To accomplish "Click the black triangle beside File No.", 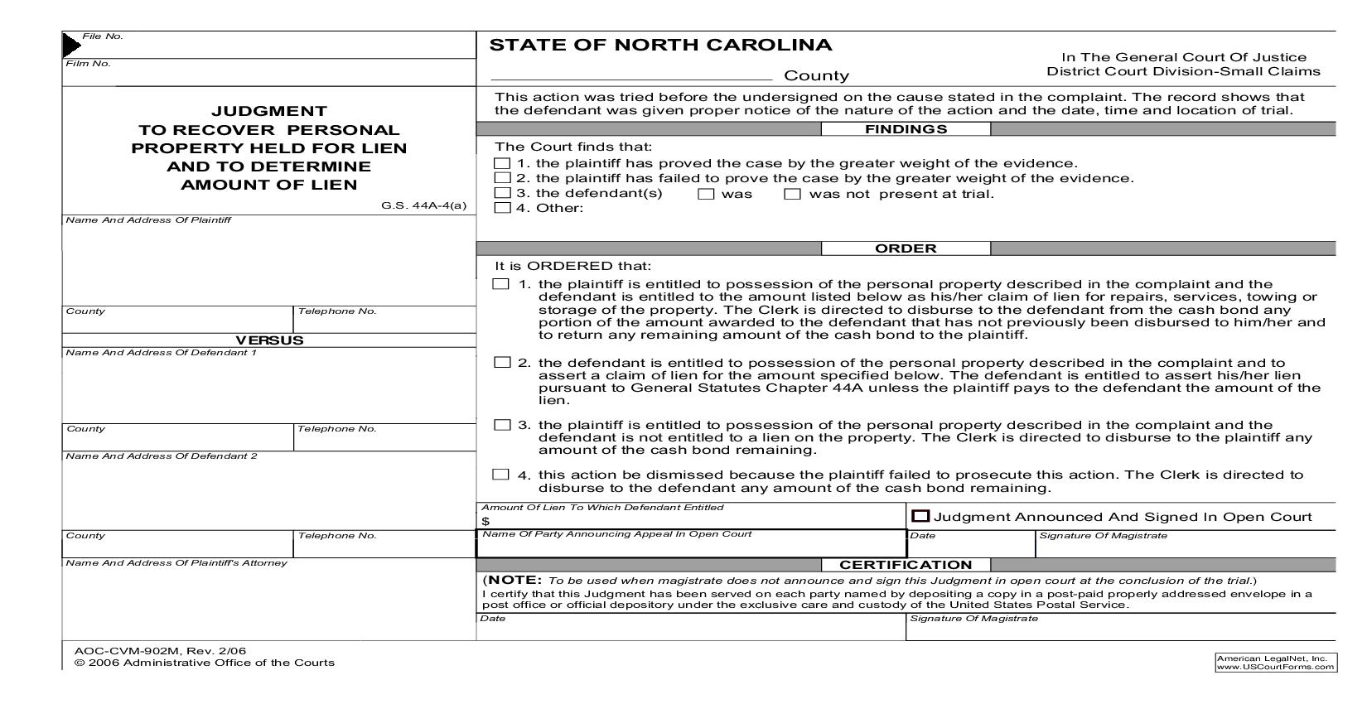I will tap(72, 45).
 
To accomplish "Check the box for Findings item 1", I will tap(503, 164).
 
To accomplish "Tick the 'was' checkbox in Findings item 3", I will tap(706, 194).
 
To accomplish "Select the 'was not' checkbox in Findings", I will tap(793, 194).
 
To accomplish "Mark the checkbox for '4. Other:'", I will tap(503, 208).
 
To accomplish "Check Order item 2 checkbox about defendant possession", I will tap(502, 363).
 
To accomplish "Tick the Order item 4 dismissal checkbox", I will tap(500, 475).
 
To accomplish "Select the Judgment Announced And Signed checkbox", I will tap(920, 516).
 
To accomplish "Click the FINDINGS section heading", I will tap(906, 129).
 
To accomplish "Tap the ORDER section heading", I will tap(906, 248).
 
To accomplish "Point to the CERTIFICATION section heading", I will tap(905, 565).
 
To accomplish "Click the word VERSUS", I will tap(269, 340).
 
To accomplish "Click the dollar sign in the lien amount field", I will tap(485, 521).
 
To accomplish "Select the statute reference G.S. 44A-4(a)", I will tap(424, 205).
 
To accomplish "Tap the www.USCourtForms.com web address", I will tap(1275, 666).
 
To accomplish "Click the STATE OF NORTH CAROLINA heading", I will tap(660, 46).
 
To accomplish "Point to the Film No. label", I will tap(88, 64).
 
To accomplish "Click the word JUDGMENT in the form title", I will tap(269, 111).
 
